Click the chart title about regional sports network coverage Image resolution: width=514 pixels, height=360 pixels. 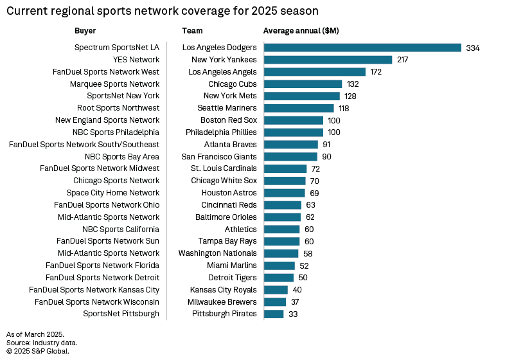(x=162, y=11)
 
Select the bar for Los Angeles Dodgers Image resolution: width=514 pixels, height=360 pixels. (x=362, y=48)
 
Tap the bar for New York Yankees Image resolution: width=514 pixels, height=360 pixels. (x=328, y=60)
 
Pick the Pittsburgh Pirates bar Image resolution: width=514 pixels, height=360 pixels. (x=274, y=314)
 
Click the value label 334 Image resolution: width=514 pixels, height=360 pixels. (x=473, y=48)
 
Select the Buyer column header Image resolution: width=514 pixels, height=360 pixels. (x=85, y=30)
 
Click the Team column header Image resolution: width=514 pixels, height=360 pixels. (x=192, y=30)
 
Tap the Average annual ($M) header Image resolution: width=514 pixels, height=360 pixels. (x=301, y=30)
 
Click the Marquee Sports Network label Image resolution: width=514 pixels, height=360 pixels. (x=114, y=84)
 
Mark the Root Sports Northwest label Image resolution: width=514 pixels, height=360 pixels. (x=118, y=108)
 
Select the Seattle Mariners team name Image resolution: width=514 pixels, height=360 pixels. (x=227, y=108)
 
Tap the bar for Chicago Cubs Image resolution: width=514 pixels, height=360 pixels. (x=303, y=84)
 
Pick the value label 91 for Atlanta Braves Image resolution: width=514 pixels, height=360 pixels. (x=326, y=145)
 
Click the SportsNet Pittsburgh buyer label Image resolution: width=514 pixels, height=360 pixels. (x=121, y=314)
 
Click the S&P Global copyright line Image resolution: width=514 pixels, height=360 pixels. (x=37, y=351)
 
